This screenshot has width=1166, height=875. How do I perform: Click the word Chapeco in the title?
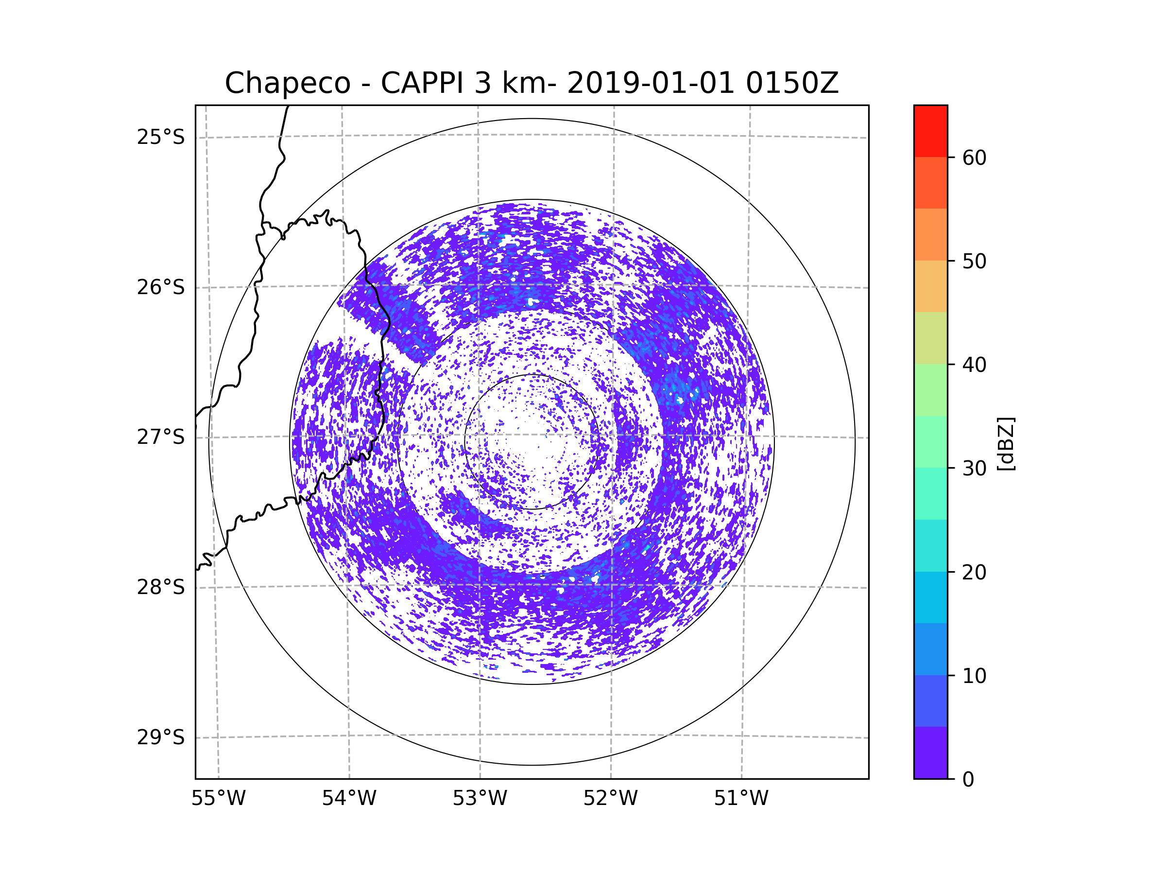[287, 83]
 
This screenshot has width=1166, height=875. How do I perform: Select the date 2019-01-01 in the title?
[650, 83]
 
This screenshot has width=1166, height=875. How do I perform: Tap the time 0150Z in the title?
[792, 83]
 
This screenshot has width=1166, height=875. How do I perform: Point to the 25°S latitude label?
[161, 137]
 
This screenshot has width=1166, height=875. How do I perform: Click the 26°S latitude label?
[161, 287]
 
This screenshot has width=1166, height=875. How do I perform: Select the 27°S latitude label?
[161, 437]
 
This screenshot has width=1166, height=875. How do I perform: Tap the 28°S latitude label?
[161, 587]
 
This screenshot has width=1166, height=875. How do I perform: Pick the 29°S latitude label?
[161, 737]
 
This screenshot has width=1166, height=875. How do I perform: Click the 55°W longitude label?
[218, 799]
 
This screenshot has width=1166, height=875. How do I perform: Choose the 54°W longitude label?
[349, 799]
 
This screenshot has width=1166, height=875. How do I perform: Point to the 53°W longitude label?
[480, 799]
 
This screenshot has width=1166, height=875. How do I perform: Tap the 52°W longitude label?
[610, 799]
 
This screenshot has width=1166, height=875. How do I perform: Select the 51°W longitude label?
[741, 799]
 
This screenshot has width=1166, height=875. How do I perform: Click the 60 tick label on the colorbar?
[974, 157]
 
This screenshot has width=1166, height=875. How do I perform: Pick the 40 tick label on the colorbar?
[974, 365]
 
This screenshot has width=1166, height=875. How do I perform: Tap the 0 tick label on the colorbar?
[968, 780]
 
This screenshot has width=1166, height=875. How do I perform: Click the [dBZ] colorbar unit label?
[1006, 443]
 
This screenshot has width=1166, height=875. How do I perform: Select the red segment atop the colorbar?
[930, 131]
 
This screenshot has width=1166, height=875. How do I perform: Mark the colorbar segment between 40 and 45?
[930, 338]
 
